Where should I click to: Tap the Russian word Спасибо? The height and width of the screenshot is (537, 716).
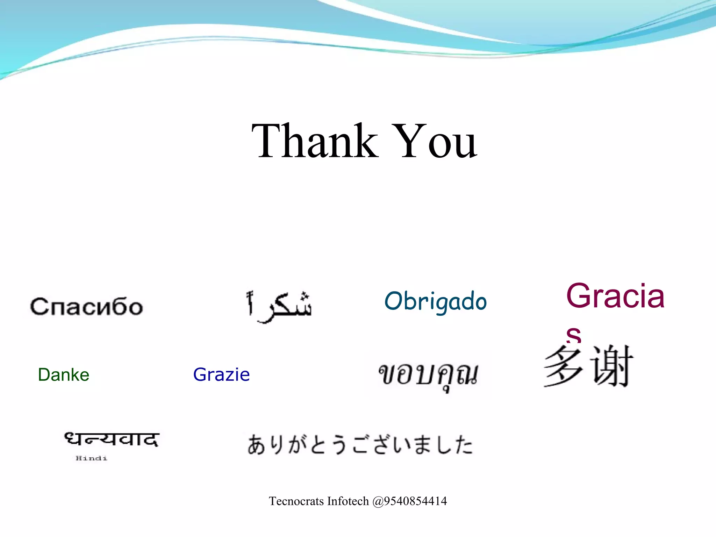coord(86,307)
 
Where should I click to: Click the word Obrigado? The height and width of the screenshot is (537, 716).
coord(435,301)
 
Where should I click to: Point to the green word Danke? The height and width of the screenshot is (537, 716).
coord(64,375)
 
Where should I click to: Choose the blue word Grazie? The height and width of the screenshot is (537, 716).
coord(221,375)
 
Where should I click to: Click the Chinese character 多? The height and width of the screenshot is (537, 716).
coord(564,366)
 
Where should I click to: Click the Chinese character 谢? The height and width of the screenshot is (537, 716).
coord(612,366)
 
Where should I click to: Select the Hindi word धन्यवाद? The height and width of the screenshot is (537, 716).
coord(112,439)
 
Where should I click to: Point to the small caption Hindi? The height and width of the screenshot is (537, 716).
coord(91,458)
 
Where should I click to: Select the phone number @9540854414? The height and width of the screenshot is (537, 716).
coord(410,501)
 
